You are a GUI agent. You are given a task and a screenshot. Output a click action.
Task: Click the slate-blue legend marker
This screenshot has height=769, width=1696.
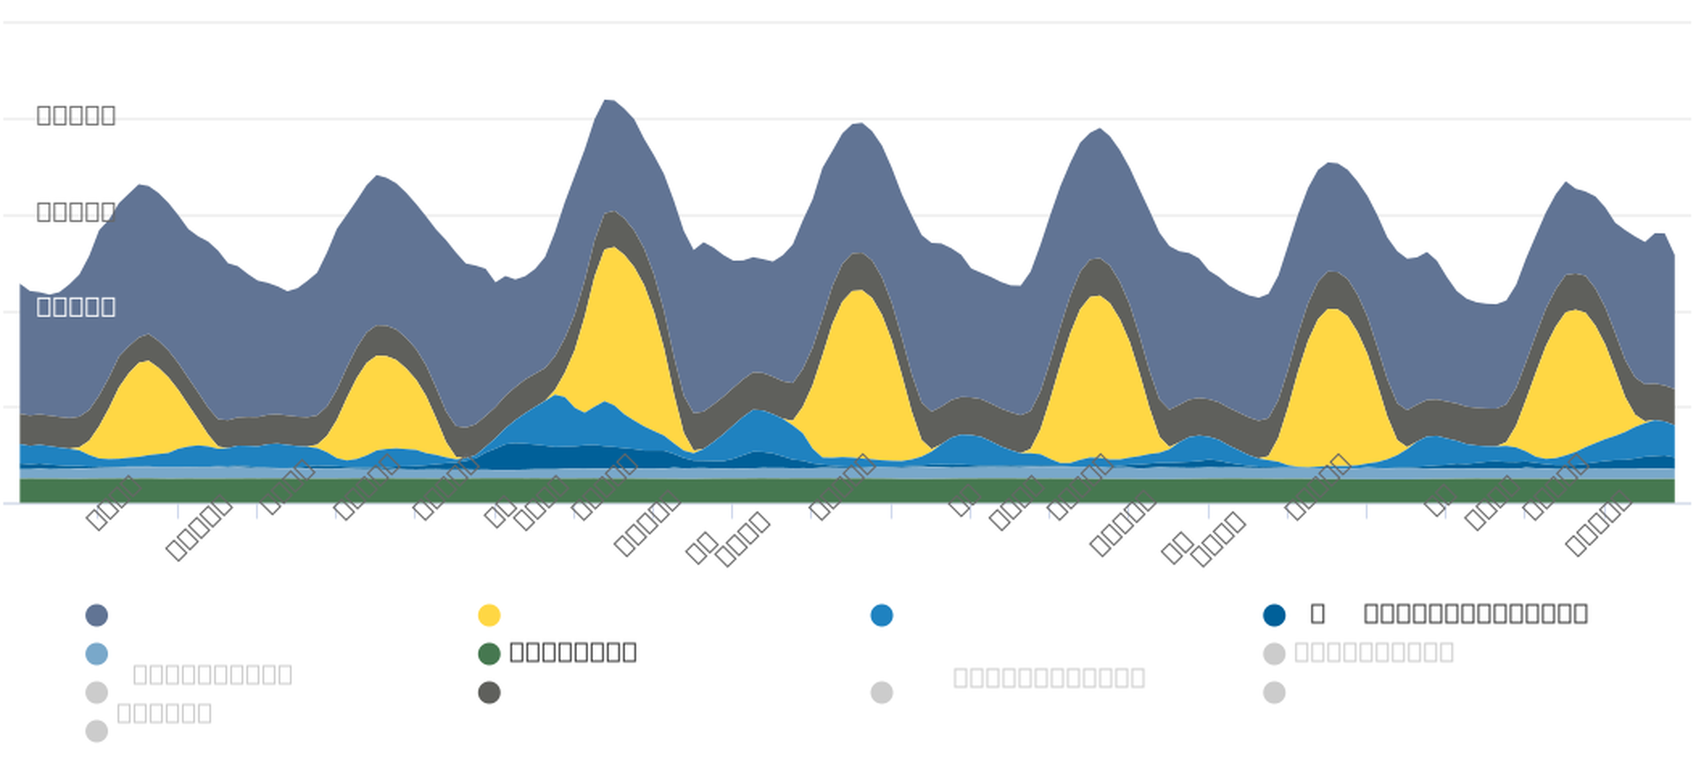point(97,615)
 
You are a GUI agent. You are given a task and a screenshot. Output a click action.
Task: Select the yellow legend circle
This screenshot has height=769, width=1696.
point(489,615)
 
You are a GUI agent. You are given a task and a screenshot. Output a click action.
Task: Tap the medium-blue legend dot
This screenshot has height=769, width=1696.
point(882,615)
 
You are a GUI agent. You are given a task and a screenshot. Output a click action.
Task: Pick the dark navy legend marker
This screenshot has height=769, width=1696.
point(1274,615)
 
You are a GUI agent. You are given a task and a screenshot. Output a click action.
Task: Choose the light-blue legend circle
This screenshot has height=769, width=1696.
point(97,654)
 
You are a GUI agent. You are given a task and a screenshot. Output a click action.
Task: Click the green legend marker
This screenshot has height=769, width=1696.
point(489,654)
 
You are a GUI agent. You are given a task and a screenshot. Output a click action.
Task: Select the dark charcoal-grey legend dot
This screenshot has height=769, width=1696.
point(489,693)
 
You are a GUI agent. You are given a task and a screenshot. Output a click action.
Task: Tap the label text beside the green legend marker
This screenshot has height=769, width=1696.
point(573,652)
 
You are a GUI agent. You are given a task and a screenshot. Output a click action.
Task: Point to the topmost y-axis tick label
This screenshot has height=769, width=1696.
point(76,115)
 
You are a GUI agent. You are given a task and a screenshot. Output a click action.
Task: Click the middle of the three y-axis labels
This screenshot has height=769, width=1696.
point(76,211)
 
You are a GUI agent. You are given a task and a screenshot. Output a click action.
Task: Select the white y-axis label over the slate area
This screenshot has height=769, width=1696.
point(76,307)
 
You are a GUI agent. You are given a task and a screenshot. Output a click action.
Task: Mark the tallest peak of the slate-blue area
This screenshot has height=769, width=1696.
point(608,101)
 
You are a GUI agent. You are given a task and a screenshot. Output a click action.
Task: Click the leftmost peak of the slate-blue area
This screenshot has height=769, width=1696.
point(140,186)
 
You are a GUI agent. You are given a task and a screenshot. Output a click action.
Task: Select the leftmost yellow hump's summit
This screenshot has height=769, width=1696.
point(146,362)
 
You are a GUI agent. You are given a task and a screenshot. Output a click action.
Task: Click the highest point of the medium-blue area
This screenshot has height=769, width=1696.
point(556,396)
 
